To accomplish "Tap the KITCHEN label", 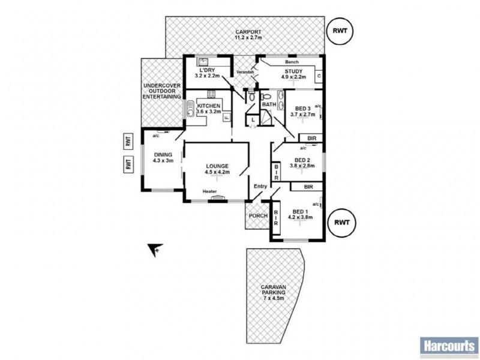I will coord(208,106).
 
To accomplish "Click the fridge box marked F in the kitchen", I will coord(226,118).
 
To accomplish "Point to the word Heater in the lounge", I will coord(209,191).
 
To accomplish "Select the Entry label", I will coord(260,186).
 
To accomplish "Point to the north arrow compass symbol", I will coord(154,248).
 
